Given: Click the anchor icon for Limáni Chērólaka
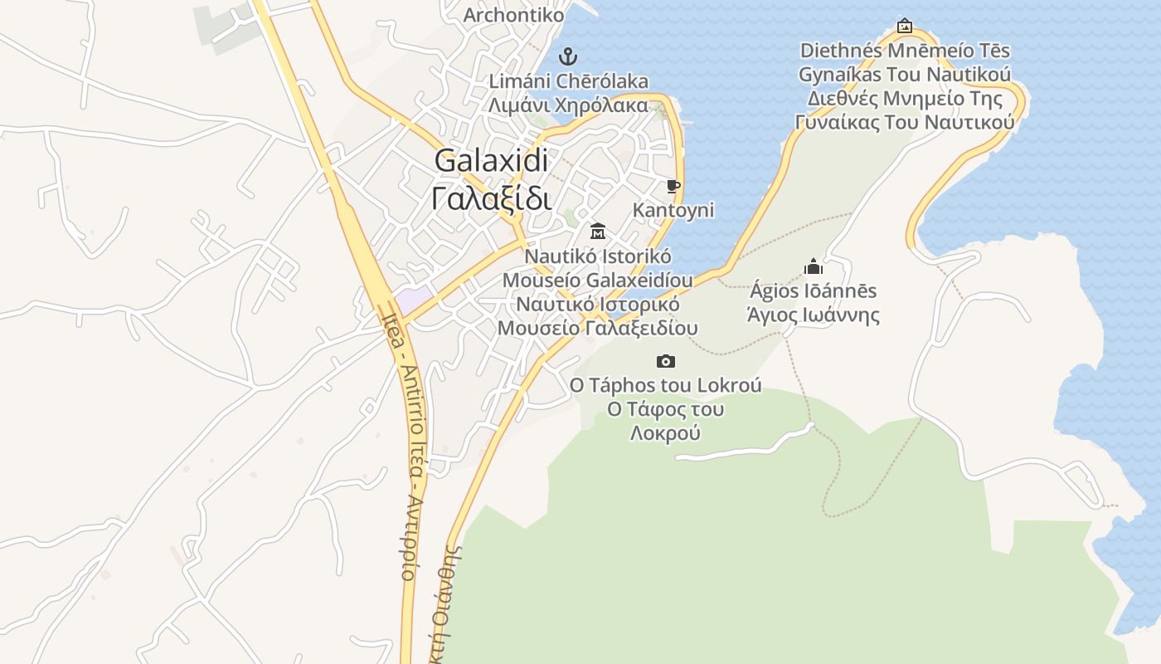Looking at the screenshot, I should click(568, 56).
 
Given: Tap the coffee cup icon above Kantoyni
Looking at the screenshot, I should click(673, 186).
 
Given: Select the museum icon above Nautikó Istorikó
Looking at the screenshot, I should click(597, 231).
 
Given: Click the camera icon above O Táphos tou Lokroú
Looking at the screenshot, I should click(665, 361).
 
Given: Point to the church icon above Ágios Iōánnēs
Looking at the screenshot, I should click(814, 266).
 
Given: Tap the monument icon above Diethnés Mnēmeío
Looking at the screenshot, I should click(905, 26).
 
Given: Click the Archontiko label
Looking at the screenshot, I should click(513, 15).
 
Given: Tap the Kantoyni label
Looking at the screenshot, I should click(673, 210).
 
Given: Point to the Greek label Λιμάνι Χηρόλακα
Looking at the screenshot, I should click(568, 105).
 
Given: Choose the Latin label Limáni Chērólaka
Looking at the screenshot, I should click(568, 81).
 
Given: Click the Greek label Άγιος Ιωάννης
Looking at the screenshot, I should click(814, 315).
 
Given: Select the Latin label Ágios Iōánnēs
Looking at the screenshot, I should click(814, 291).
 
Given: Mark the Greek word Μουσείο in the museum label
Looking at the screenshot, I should click(538, 328).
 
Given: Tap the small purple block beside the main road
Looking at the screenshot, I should click(414, 300).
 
